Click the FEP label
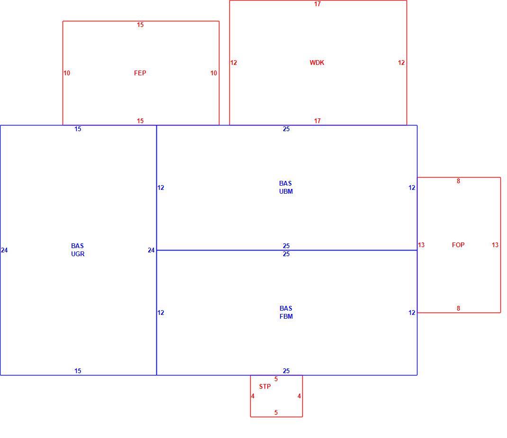tap(140, 73)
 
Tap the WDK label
tap(317, 63)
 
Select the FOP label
tap(458, 245)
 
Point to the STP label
tap(265, 386)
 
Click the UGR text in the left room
tap(78, 254)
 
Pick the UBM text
tap(286, 191)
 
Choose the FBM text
tap(286, 316)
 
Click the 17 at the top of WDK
tap(317, 4)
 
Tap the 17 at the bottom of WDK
tap(317, 121)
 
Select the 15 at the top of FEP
tap(140, 25)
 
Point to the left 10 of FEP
tap(67, 73)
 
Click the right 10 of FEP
tap(214, 73)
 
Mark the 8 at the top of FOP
tap(458, 181)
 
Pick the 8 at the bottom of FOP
tap(458, 308)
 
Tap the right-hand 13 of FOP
tap(495, 245)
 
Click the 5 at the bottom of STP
tap(276, 412)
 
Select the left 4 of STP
tap(253, 396)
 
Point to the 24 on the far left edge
tap(4, 250)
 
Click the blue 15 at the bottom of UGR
tap(78, 371)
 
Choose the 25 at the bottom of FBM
tap(286, 371)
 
